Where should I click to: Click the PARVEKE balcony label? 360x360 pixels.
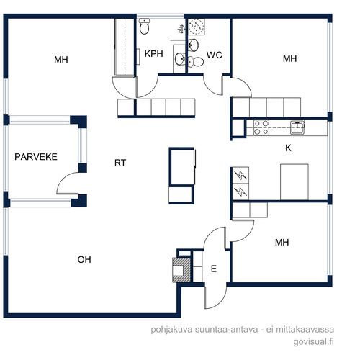click(36, 157)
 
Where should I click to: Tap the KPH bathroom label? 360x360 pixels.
click(153, 54)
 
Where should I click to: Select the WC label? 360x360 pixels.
click(215, 55)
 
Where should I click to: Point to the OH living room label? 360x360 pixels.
click(84, 259)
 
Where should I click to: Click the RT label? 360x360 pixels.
click(120, 163)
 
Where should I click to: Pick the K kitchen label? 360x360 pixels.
click(288, 148)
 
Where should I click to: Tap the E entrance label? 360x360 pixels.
click(214, 269)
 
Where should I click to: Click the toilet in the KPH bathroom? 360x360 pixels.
click(144, 27)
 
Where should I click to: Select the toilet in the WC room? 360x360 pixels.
click(196, 61)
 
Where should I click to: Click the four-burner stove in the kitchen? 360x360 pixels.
click(261, 127)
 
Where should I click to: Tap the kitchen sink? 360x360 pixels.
click(297, 127)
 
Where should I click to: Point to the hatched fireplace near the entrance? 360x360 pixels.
click(181, 270)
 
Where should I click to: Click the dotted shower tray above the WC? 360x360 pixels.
click(197, 27)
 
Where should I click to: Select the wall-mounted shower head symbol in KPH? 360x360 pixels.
click(181, 30)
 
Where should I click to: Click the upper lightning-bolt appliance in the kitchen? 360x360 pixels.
click(240, 175)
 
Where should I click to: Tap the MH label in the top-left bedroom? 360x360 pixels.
click(61, 60)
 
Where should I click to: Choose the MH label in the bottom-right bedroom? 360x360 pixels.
click(282, 243)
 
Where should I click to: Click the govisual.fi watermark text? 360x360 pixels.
click(313, 341)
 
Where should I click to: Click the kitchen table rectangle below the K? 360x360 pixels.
click(294, 182)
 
